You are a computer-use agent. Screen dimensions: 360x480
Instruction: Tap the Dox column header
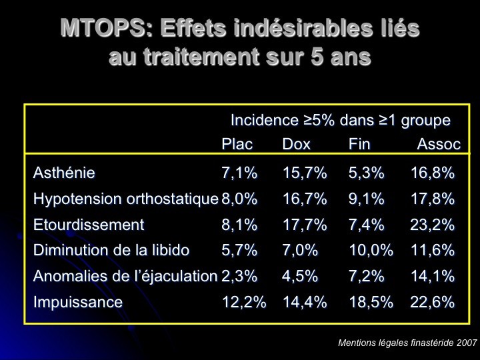pyautogui.click(x=296, y=144)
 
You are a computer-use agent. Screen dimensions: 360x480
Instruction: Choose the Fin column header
pyautogui.click(x=359, y=144)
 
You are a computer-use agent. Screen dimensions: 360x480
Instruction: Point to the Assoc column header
pyautogui.click(x=439, y=144)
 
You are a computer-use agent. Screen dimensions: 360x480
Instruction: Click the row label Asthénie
pyautogui.click(x=64, y=173)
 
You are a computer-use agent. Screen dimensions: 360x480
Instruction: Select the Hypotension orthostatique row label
pyautogui.click(x=126, y=199)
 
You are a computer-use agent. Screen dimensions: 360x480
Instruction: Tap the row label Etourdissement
pyautogui.click(x=89, y=225)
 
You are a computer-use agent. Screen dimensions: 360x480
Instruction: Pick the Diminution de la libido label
pyautogui.click(x=111, y=251)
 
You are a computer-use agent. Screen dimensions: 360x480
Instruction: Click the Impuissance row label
pyautogui.click(x=78, y=302)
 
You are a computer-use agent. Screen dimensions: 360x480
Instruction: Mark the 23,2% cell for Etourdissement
pyautogui.click(x=432, y=225)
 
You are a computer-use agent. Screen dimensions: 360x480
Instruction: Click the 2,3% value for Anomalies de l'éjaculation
pyautogui.click(x=239, y=276)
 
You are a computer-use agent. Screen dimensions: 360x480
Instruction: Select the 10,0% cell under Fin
pyautogui.click(x=371, y=251)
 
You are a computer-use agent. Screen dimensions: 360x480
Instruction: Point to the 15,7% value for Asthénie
pyautogui.click(x=305, y=173)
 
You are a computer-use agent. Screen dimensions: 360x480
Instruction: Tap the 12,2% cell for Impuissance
pyautogui.click(x=243, y=302)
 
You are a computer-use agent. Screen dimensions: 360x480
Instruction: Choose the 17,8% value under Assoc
pyautogui.click(x=432, y=199)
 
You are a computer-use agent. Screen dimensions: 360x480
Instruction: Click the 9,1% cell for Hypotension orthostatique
pyautogui.click(x=366, y=199)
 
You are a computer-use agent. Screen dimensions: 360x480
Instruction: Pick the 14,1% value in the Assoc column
pyautogui.click(x=432, y=276)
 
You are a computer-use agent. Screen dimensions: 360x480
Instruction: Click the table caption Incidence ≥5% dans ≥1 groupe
pyautogui.click(x=340, y=121)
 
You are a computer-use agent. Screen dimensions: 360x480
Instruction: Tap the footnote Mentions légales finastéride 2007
pyautogui.click(x=407, y=343)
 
